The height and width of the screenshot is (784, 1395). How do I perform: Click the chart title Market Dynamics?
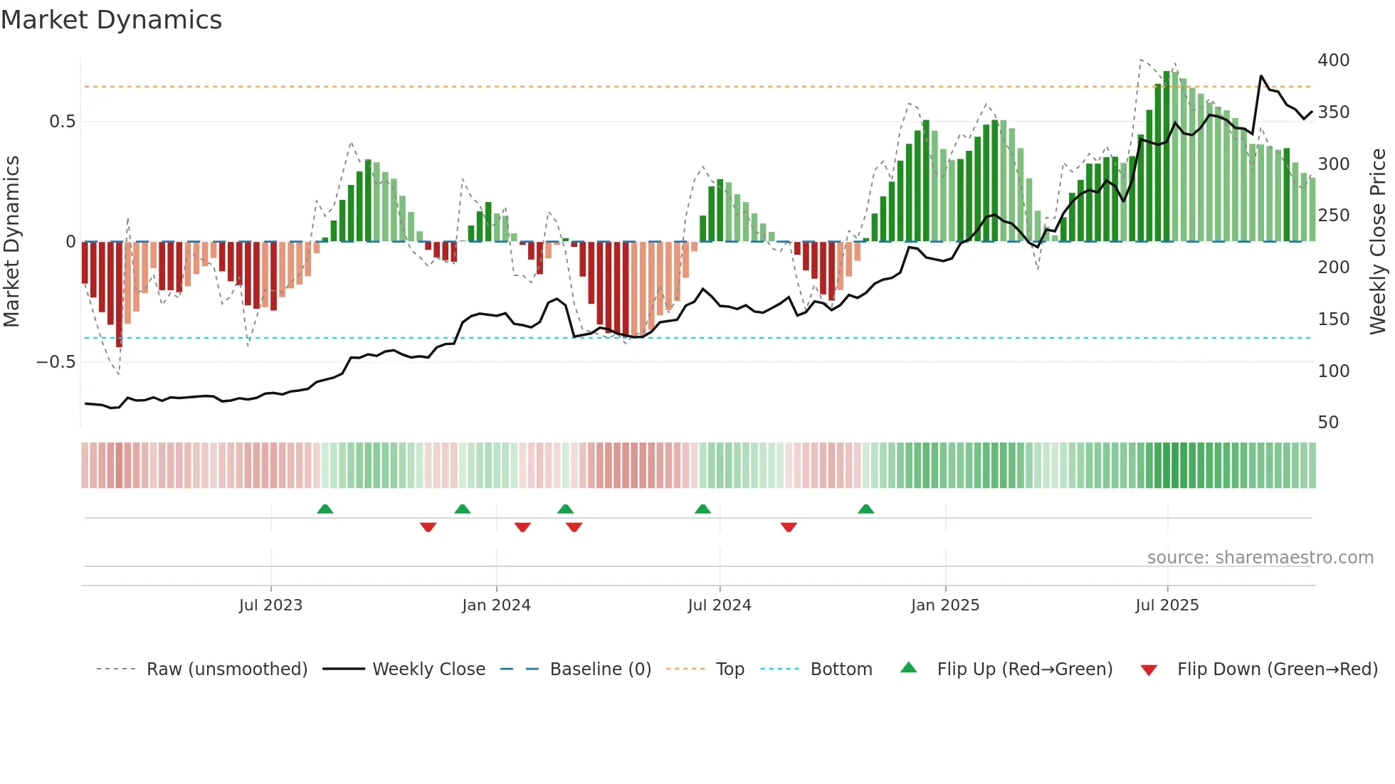[x=111, y=20]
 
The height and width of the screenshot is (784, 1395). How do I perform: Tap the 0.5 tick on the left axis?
[x=62, y=122]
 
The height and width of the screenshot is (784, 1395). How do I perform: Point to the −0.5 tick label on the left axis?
[x=56, y=362]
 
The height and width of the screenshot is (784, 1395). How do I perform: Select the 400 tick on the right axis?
[x=1333, y=60]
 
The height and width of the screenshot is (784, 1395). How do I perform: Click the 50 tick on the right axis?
[x=1328, y=423]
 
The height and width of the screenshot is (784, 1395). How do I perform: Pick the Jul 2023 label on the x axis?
[x=270, y=605]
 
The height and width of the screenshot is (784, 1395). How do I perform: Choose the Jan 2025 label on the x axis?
[x=944, y=605]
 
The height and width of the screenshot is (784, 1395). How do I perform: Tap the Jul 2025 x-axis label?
[x=1167, y=605]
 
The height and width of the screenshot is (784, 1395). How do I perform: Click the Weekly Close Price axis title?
[x=1378, y=242]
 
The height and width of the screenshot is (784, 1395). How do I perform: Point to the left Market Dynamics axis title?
[x=12, y=242]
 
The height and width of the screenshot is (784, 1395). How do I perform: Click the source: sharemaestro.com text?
[x=1260, y=558]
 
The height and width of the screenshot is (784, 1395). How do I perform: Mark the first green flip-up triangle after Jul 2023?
[x=325, y=509]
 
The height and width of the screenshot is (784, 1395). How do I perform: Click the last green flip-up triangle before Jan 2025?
[x=865, y=509]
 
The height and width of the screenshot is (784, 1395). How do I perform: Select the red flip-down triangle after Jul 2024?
[x=788, y=527]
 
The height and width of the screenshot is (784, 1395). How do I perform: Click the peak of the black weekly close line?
[x=1261, y=75]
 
